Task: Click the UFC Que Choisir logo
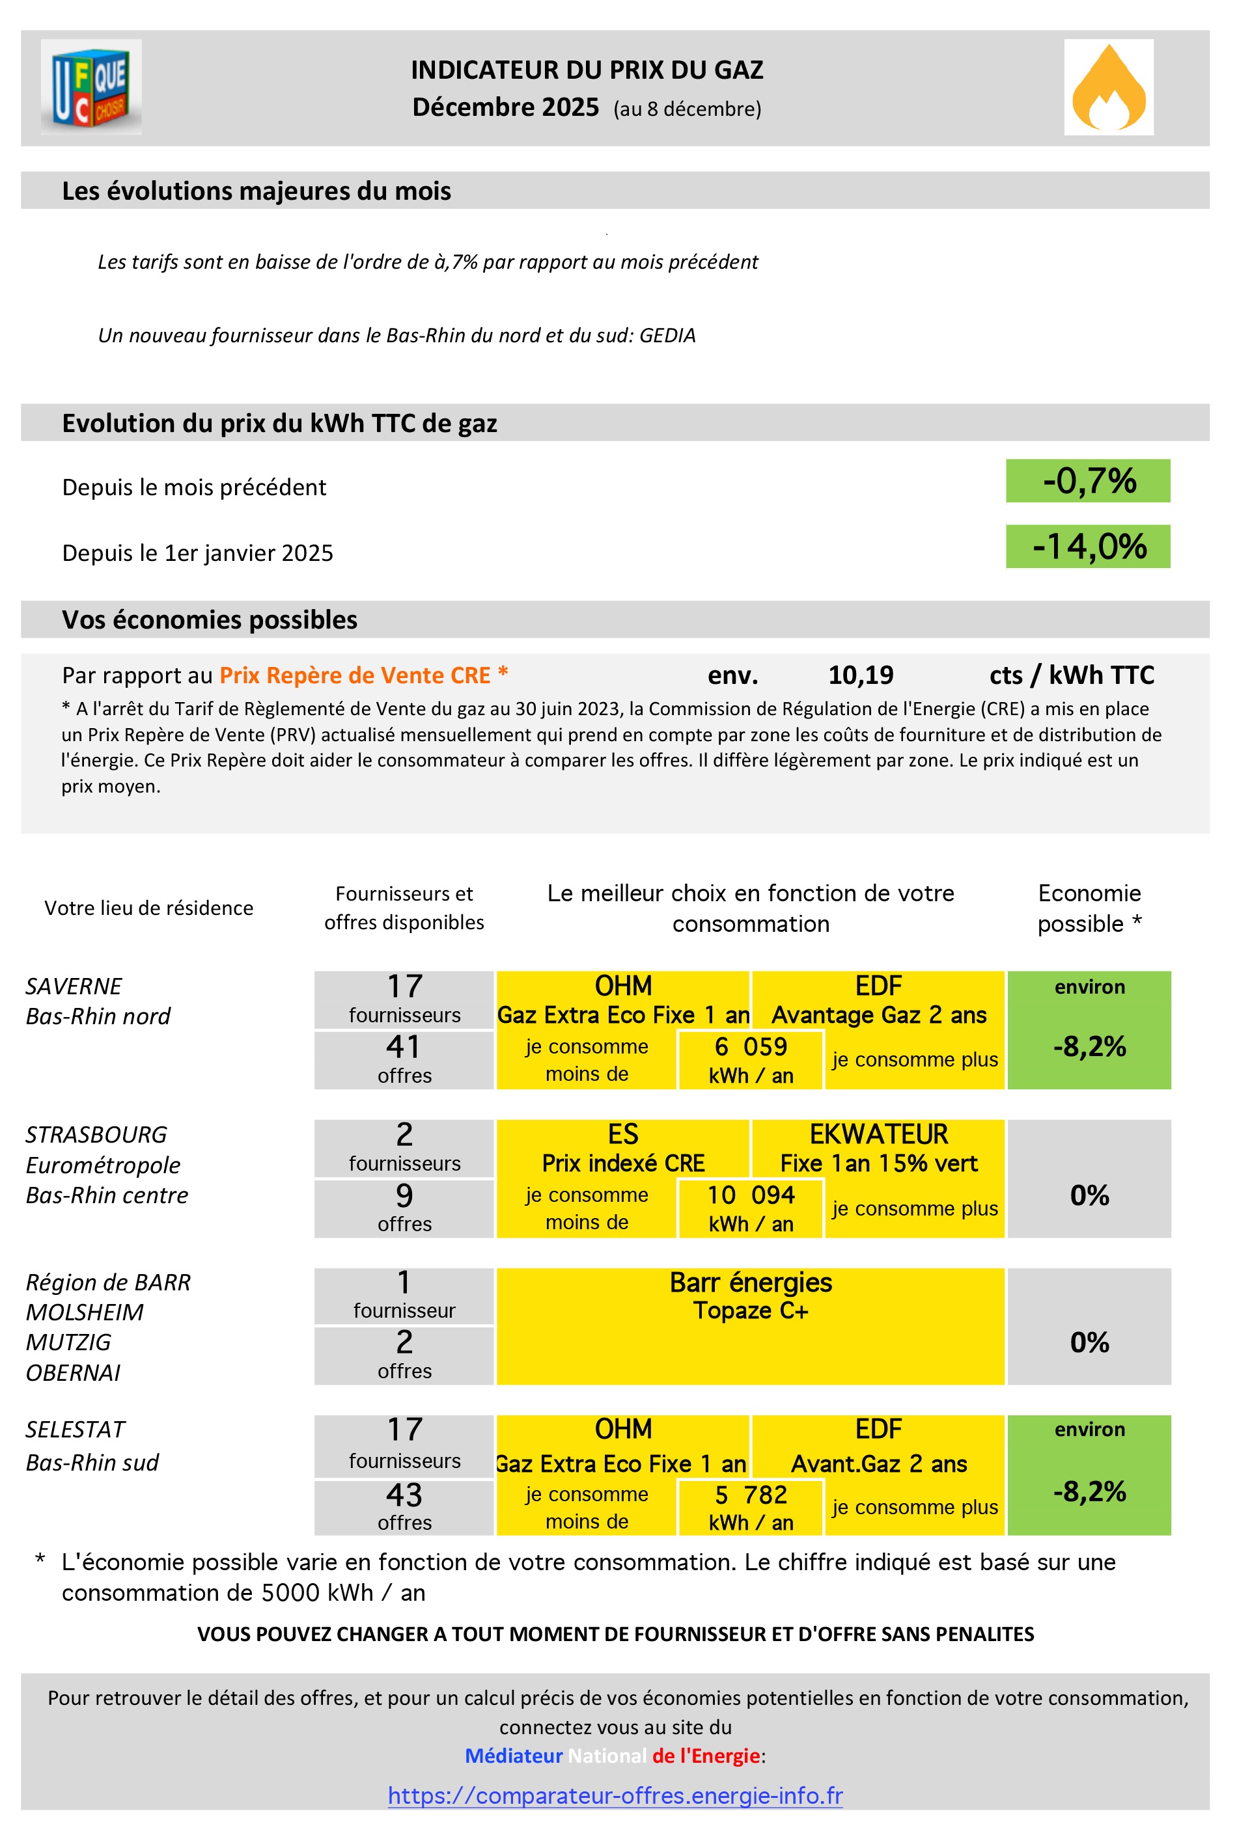point(92,87)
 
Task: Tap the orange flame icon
point(1107,87)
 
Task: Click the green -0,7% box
point(1087,480)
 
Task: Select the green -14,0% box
point(1087,546)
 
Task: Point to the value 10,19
point(860,675)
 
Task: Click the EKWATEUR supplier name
point(878,1134)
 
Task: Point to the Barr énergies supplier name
point(750,1282)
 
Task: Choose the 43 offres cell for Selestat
point(404,1507)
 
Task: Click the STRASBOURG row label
point(96,1135)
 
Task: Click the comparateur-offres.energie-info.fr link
point(615,1795)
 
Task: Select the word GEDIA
point(667,335)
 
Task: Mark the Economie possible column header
point(1089,908)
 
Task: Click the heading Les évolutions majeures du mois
point(257,191)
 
